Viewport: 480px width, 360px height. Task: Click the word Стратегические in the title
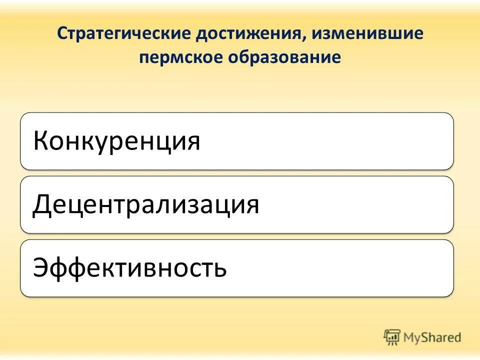(124, 34)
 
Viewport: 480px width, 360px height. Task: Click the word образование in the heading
(285, 57)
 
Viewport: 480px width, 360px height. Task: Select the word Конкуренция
(116, 141)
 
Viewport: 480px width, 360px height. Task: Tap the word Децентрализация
(146, 204)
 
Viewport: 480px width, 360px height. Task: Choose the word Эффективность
(130, 268)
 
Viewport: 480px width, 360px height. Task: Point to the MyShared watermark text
(432, 337)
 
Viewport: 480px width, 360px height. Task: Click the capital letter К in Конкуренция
(41, 141)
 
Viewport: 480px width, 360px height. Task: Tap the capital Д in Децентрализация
(42, 205)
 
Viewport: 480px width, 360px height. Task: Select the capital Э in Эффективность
(41, 268)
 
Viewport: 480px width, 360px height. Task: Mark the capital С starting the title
(61, 34)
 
